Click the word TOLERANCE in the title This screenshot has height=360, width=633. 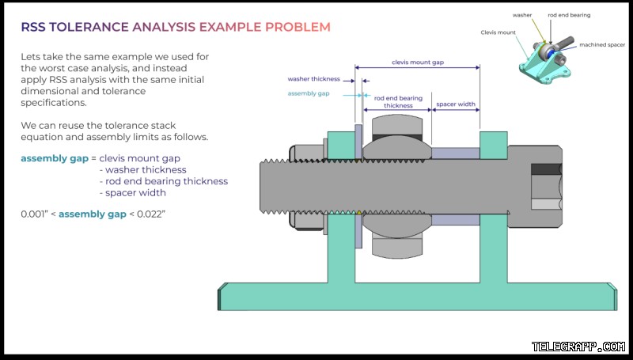click(89, 27)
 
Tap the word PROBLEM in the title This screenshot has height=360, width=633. click(298, 27)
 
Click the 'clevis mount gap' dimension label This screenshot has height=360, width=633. click(418, 63)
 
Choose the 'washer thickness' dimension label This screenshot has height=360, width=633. click(313, 79)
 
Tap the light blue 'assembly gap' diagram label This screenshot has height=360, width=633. click(309, 93)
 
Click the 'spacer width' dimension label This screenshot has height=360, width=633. click(456, 104)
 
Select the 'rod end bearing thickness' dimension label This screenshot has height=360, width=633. click(398, 102)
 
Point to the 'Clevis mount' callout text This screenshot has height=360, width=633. click(498, 32)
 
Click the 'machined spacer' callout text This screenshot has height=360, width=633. click(602, 45)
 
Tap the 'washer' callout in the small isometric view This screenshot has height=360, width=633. click(522, 15)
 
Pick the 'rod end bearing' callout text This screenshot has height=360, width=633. click(569, 15)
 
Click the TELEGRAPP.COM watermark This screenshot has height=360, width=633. click(578, 347)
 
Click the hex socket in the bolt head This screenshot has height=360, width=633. click(546, 187)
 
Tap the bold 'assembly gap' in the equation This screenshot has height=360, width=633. click(55, 158)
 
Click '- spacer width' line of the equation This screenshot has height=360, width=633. click(133, 193)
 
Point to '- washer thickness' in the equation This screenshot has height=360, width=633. click(143, 170)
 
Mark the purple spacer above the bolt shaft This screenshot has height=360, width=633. click(456, 153)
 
